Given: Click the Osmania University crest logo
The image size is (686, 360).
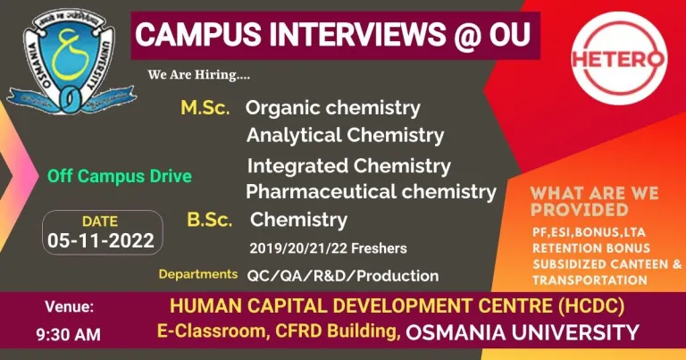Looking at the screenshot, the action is coord(71,62).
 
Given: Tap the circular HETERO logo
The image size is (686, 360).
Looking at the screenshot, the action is coord(619,58).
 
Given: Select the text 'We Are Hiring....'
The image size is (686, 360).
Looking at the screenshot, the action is coord(199,75).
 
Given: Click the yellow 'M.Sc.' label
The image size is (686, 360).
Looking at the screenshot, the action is coord(205,107).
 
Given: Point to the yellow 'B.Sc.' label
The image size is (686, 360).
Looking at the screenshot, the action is coord(210,220).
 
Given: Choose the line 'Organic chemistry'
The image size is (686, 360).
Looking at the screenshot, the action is coord(333,108).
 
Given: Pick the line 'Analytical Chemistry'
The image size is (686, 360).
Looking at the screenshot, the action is coord(345,135).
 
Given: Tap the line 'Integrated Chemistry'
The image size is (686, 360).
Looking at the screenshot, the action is coord(348,166).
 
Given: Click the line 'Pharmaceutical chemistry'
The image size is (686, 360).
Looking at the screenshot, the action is coord(371,192).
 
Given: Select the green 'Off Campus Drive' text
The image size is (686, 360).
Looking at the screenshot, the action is coord(120,176).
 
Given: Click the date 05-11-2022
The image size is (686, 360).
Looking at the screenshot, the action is coord(101,240).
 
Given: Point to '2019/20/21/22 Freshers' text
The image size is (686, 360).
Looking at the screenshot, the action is coord(328,248).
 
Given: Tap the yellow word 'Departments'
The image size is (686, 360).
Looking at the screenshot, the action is coord(198,274).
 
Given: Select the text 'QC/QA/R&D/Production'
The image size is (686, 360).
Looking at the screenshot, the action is coord(343,276).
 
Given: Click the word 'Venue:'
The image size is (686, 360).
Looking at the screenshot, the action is coord(69,306).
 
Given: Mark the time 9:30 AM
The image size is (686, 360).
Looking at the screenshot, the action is coord(68,335).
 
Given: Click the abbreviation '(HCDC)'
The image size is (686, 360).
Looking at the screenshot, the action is coord(590,306).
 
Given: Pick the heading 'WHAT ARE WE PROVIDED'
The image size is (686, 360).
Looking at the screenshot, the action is coord(594,201).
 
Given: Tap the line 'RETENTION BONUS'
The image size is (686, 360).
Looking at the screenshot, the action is coord(591,248).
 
